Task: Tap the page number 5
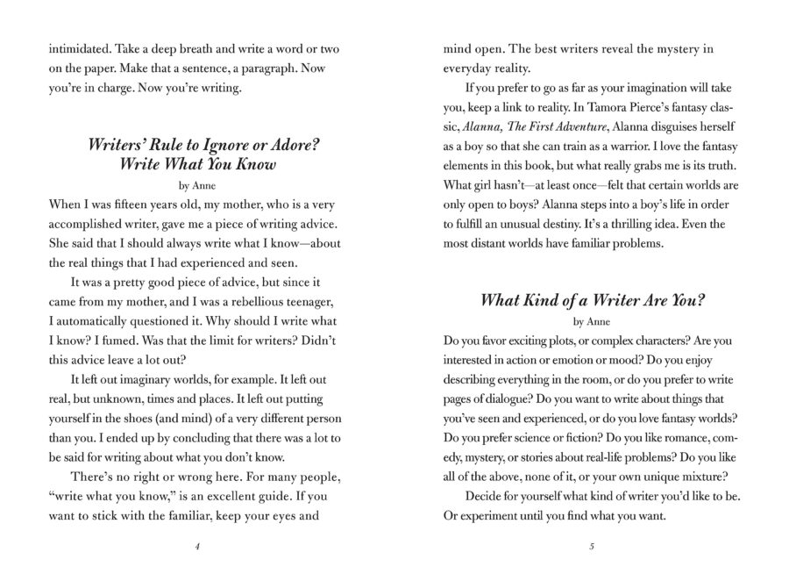tap(593, 546)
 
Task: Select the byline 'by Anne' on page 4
tap(196, 185)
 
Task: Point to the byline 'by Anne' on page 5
tap(592, 320)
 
